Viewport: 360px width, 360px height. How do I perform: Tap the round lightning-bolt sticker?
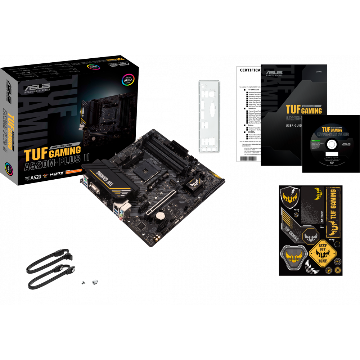click(329, 270)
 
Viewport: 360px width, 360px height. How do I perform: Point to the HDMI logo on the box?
click(56, 174)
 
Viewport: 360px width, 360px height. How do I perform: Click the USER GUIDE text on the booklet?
click(294, 126)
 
